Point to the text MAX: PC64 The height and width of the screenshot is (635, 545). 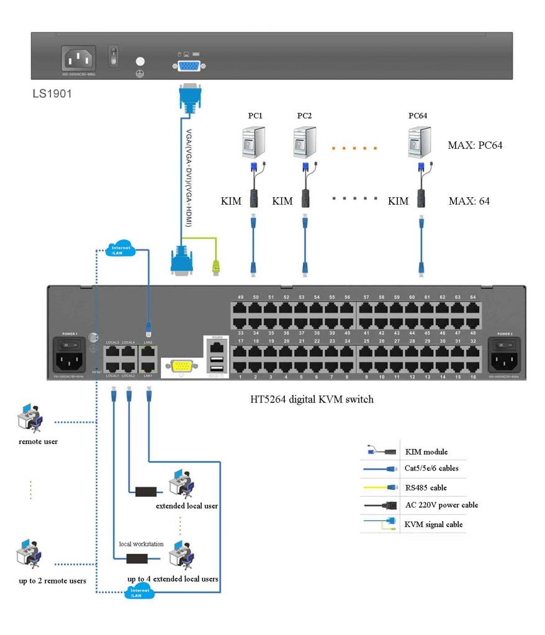coord(474,146)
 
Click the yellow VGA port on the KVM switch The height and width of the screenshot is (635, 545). coord(181,366)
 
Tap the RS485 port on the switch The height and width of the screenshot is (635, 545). coord(217,347)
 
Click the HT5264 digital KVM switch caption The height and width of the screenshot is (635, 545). coord(308,399)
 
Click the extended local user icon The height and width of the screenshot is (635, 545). coord(182,484)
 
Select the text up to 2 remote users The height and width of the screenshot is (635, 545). coord(52,580)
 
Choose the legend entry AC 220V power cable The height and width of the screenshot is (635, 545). coord(441,505)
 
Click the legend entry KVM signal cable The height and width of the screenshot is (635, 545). coord(434,524)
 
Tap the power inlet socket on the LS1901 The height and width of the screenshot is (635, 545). coord(79,60)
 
